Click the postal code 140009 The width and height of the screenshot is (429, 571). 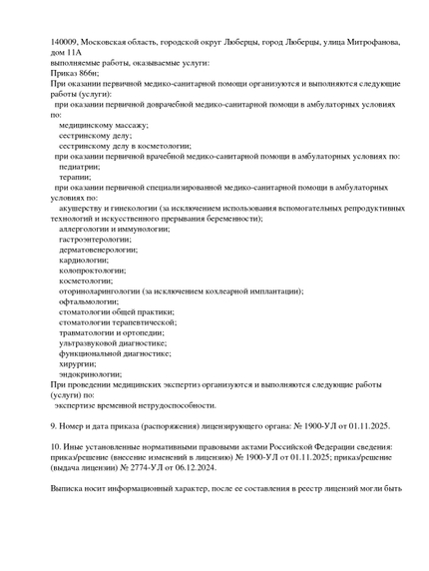point(66,42)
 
